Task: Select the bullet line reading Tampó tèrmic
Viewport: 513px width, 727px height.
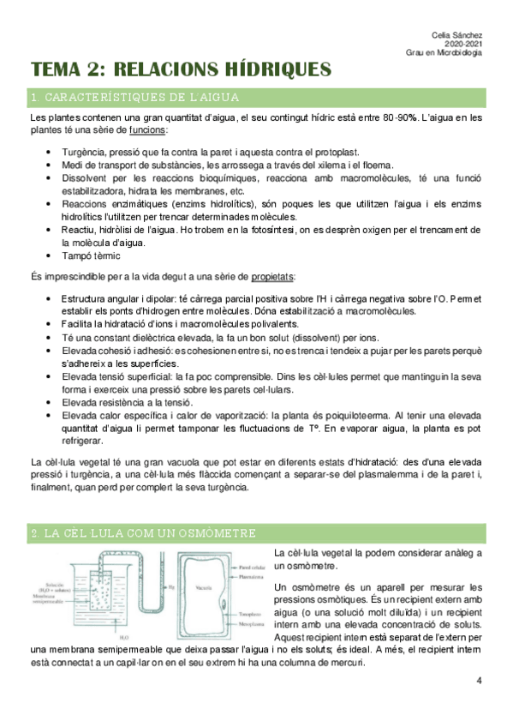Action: (92, 255)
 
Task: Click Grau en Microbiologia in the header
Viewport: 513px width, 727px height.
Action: (444, 52)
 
